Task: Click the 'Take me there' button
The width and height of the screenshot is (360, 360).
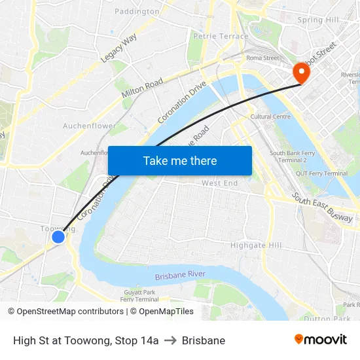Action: [180, 160]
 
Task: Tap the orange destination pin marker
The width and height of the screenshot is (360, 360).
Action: [302, 72]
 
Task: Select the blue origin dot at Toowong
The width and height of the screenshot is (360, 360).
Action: [58, 237]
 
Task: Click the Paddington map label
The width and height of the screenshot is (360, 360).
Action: [137, 11]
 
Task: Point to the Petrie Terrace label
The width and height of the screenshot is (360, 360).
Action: [221, 37]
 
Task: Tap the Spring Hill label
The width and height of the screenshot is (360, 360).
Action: [318, 20]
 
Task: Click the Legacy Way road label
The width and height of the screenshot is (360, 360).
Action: [118, 48]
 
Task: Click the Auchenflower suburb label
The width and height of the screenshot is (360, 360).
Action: [90, 126]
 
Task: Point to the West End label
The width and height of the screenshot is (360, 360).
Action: [220, 183]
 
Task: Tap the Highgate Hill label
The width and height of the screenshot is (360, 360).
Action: [256, 245]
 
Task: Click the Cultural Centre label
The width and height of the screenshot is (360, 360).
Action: [270, 117]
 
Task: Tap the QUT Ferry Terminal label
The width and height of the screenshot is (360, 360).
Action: [321, 173]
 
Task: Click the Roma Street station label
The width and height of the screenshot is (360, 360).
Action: [262, 58]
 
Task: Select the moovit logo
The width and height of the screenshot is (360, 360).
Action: [320, 340]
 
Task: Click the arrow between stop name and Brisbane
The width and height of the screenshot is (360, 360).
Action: [170, 340]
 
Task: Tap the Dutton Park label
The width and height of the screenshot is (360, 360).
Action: [327, 319]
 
